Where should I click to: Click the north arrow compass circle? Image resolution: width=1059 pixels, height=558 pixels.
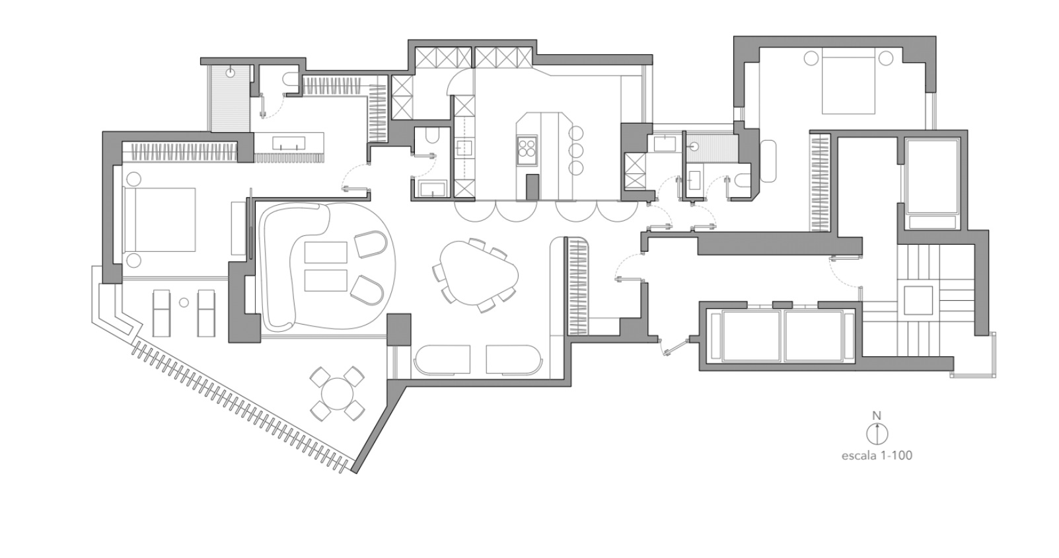[877, 434]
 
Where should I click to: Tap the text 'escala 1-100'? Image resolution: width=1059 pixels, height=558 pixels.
[877, 455]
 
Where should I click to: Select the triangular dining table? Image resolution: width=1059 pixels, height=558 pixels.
[478, 272]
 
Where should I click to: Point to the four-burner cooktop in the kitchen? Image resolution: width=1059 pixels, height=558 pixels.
[527, 147]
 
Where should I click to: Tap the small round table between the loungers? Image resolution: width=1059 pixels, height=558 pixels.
[184, 303]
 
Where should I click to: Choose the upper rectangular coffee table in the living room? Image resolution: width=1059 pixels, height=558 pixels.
[325, 253]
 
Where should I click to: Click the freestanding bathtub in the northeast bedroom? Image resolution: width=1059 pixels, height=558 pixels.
[768, 161]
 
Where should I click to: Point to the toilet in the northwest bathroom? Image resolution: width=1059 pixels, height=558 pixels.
[289, 79]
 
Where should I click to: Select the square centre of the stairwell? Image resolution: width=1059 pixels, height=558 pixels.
[918, 300]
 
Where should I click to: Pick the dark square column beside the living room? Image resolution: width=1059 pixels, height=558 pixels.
[399, 329]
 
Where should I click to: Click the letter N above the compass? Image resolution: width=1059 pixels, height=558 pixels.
[877, 416]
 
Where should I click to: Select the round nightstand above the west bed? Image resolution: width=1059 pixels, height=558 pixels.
[133, 179]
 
